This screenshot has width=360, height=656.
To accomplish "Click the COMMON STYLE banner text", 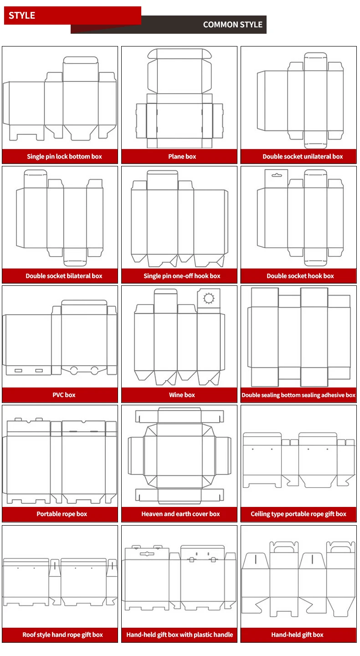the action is point(232,25).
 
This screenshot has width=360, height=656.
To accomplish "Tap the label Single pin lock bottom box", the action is point(64,156).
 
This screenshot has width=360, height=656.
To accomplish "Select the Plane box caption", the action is point(182,156).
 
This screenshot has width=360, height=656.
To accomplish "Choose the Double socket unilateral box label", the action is point(303,156).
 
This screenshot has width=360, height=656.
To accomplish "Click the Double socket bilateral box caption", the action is point(64,276).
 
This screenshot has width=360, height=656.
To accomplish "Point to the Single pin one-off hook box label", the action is point(182,276).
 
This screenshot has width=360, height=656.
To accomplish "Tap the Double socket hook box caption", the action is point(300,276).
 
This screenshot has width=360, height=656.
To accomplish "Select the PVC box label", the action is point(64,395).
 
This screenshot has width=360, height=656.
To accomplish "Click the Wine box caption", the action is point(182,395).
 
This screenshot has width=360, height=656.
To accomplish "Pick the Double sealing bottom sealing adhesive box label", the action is point(298,395).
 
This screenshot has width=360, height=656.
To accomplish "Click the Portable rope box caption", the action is point(62,514).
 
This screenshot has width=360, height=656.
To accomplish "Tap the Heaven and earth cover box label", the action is point(180,514).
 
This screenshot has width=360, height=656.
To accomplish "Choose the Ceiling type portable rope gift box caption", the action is point(298,514).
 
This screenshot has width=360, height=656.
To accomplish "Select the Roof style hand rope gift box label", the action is point(62,635).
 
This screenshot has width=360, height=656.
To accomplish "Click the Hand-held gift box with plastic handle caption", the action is point(180,635).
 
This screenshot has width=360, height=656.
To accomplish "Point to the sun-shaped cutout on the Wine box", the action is point(209,299).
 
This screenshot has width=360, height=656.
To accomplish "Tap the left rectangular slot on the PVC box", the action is point(19,370).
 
